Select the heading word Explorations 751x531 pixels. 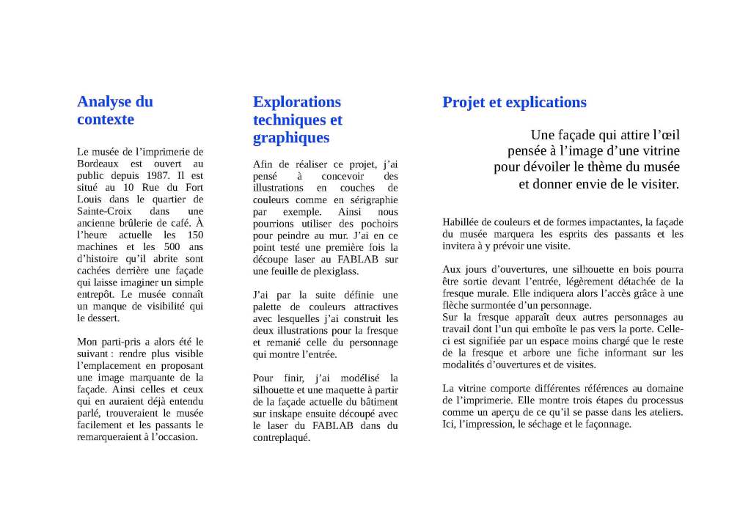(297, 101)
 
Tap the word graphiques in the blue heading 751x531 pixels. (291, 137)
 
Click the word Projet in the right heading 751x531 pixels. (465, 102)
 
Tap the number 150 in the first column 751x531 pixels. (194, 235)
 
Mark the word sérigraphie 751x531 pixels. (374, 199)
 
